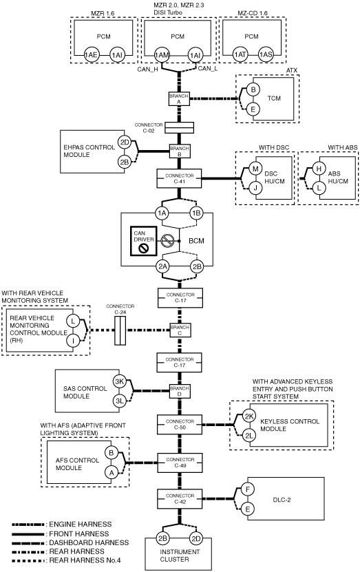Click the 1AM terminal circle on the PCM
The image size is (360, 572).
click(x=162, y=55)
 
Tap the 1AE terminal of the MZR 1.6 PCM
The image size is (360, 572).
click(x=91, y=55)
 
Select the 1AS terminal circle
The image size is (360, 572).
click(x=266, y=54)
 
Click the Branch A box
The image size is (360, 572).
click(x=179, y=99)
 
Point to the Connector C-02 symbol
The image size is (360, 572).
click(x=179, y=127)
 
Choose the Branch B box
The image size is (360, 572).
click(x=180, y=151)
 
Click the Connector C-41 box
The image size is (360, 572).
click(x=179, y=178)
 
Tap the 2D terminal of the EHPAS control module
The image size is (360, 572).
click(x=125, y=142)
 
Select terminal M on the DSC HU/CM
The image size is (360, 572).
click(x=255, y=169)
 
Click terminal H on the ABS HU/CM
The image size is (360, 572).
click(x=319, y=169)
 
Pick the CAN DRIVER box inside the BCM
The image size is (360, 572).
click(x=144, y=241)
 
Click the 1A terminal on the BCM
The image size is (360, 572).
click(x=162, y=213)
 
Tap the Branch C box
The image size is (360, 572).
click(x=180, y=330)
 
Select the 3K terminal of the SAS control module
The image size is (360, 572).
click(x=120, y=382)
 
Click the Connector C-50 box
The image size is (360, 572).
click(x=180, y=424)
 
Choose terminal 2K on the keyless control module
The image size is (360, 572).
click(x=249, y=416)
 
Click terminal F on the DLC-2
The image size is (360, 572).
click(x=248, y=489)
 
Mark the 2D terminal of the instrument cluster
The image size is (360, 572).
click(x=196, y=538)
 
